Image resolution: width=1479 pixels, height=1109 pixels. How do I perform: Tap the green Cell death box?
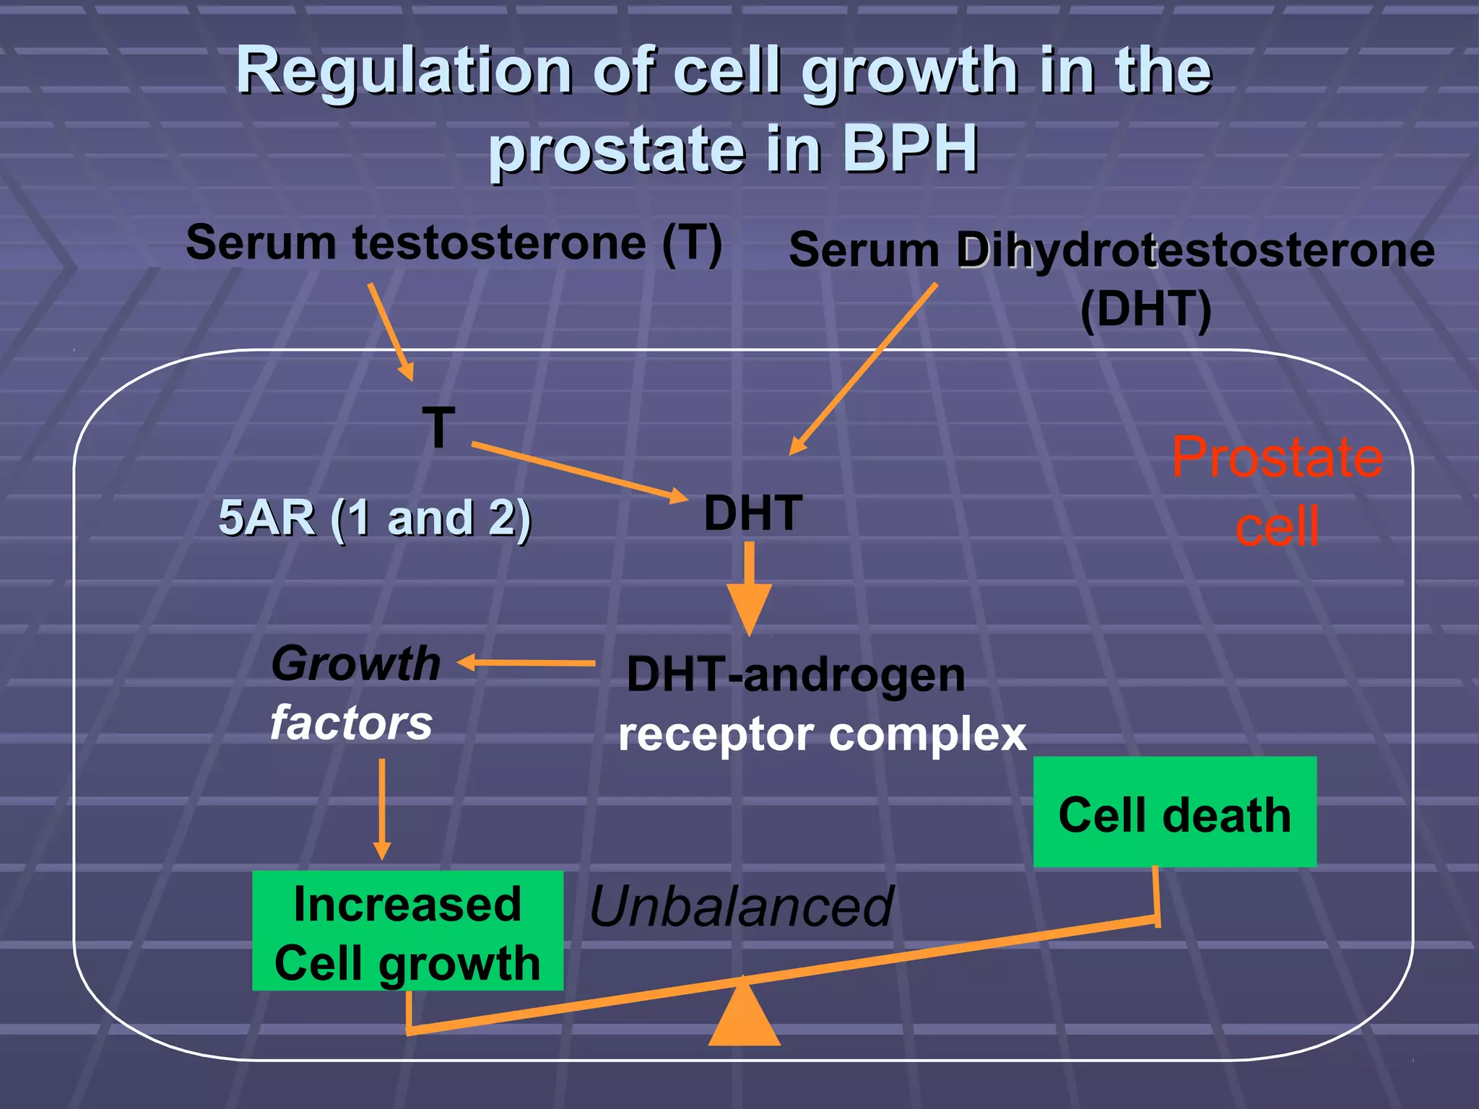(x=1174, y=812)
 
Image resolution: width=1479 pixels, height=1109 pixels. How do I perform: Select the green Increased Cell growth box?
(x=407, y=931)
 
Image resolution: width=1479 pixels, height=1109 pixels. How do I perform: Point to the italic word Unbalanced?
(x=741, y=907)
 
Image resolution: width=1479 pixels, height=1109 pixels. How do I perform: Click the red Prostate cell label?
(x=1277, y=491)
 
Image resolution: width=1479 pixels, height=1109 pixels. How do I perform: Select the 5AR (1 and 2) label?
(x=374, y=518)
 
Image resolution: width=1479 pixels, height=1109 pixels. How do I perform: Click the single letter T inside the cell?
(x=438, y=427)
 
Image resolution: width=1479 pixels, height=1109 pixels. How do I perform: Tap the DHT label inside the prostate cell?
(x=752, y=513)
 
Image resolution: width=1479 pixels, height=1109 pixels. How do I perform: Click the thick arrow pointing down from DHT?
(x=749, y=588)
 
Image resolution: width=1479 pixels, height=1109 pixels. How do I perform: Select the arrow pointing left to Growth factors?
(x=527, y=662)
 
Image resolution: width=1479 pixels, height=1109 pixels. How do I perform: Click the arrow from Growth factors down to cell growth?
(x=382, y=809)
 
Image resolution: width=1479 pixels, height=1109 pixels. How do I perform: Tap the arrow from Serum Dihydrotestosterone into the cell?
(x=864, y=368)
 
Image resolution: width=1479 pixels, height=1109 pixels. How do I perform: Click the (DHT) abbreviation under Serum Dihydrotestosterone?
(x=1145, y=309)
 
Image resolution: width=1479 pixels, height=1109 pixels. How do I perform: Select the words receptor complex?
(x=822, y=735)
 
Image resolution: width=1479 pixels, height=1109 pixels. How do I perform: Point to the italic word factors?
(x=351, y=723)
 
